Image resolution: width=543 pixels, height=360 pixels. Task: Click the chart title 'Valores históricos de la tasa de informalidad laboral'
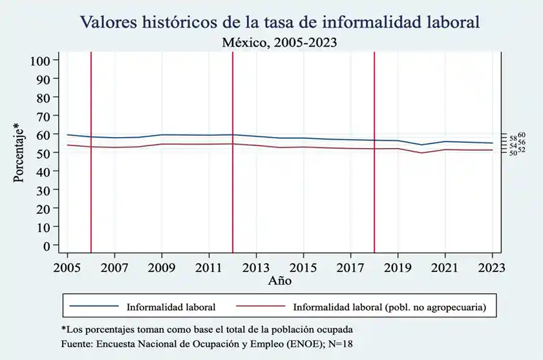(x=280, y=22)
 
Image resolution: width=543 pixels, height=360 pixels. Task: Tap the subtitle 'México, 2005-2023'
(x=280, y=43)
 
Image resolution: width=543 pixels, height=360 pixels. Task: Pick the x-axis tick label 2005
(x=67, y=267)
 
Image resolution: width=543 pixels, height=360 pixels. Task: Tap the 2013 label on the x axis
(x=256, y=267)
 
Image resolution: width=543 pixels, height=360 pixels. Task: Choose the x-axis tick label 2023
(x=493, y=267)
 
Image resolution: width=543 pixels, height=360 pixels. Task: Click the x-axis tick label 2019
(x=398, y=267)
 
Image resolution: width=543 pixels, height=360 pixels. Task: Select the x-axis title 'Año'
(x=280, y=281)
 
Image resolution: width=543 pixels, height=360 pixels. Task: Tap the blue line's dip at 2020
(x=421, y=145)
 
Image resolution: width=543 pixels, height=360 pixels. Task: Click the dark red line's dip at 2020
(x=421, y=153)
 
